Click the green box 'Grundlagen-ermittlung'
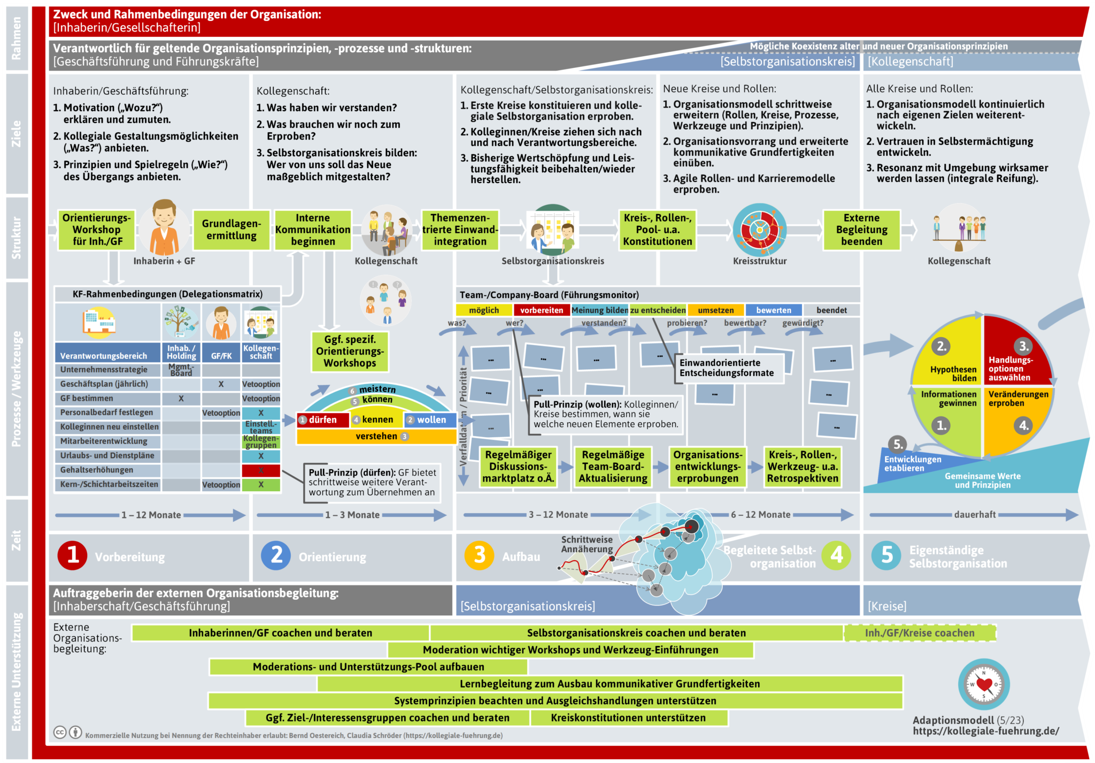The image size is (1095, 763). (x=232, y=230)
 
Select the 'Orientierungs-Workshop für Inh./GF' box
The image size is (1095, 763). (x=97, y=230)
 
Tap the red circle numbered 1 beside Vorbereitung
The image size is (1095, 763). (x=73, y=555)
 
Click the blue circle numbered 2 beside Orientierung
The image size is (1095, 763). (x=276, y=555)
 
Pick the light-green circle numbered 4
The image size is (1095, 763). (x=837, y=555)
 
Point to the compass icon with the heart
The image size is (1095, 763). (x=984, y=684)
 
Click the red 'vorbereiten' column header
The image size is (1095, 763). (x=542, y=310)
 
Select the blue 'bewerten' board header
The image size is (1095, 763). (x=774, y=310)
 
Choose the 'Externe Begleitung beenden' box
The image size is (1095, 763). (x=861, y=230)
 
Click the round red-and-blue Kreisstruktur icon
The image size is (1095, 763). (x=759, y=230)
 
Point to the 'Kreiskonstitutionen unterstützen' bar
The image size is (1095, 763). (x=628, y=718)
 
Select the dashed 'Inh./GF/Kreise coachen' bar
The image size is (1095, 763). (x=920, y=633)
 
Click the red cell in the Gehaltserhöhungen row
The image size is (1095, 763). (x=261, y=470)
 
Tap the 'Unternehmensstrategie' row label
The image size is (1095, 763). (x=104, y=370)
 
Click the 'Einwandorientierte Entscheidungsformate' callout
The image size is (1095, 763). (x=727, y=368)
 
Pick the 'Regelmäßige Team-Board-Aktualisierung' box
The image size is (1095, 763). (x=613, y=467)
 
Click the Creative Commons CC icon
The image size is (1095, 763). (x=60, y=732)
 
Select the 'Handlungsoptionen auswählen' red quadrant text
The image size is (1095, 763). (x=1010, y=369)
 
